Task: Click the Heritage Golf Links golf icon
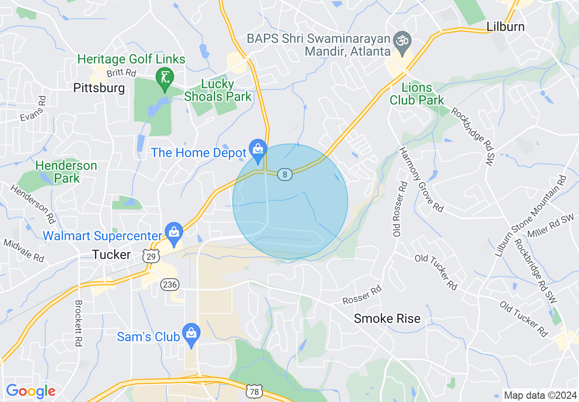pos(164,77)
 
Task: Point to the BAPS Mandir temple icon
pos(402,40)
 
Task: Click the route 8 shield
pos(285,174)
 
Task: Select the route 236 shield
pos(170,285)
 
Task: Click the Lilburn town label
pos(505,26)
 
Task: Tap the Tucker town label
pos(111,254)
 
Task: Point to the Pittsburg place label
pos(99,88)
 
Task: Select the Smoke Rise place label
pos(387,318)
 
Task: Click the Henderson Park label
pos(67,172)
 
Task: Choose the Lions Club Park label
pos(417,93)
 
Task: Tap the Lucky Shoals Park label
pos(218,90)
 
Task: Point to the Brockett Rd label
pos(78,323)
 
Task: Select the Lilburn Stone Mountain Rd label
pos(531,215)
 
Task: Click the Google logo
pos(31,391)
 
